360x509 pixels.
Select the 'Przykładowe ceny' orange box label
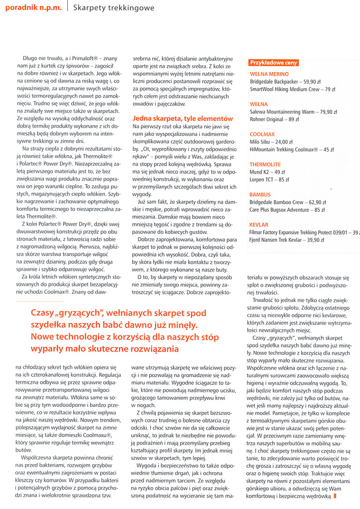pyautogui.click(x=273, y=63)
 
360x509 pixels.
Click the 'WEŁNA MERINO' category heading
pyautogui.click(x=270, y=73)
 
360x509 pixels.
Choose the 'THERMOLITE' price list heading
pyautogui.click(x=265, y=164)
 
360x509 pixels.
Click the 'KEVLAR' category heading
pyautogui.click(x=260, y=224)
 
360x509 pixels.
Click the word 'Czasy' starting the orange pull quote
pyautogui.click(x=45, y=313)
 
